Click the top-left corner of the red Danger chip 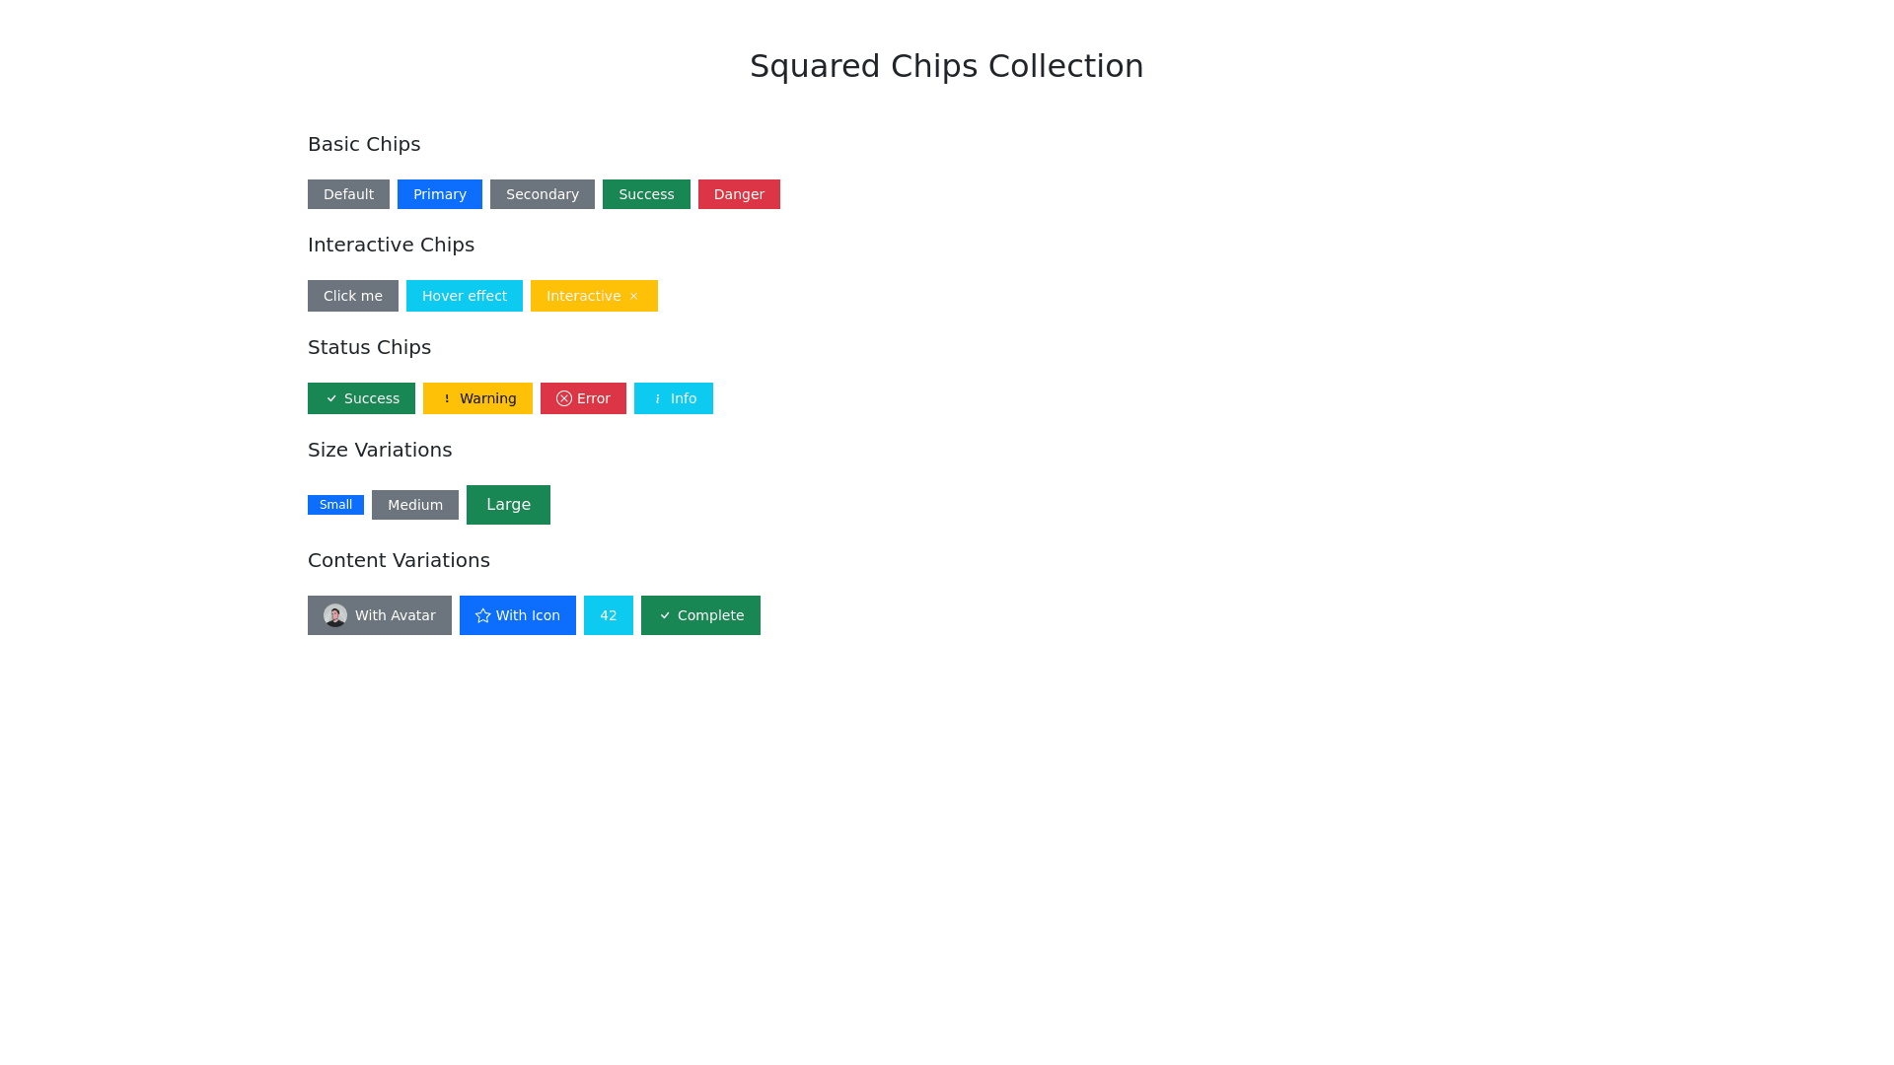coord(698,179)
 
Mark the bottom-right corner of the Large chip coord(550,525)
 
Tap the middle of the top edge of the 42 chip coord(609,596)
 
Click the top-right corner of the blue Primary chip coord(482,179)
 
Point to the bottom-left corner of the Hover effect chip coord(406,312)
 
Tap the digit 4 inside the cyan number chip coord(604,615)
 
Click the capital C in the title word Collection coord(1001,66)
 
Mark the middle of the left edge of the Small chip coord(308,505)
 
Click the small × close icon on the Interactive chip coord(633,296)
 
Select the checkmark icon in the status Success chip coord(331,398)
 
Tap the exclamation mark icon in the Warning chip coord(447,398)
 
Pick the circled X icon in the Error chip coord(564,398)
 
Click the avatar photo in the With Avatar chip coord(335,615)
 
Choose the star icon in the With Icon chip coord(483,615)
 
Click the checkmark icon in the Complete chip coord(665,615)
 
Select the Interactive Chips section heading coord(391,245)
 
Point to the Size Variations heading coord(380,450)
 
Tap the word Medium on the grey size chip coord(415,505)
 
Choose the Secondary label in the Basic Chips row coord(543,194)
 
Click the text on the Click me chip coord(353,296)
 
